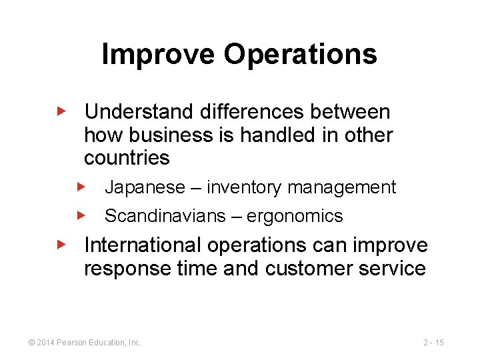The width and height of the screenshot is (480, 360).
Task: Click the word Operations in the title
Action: tap(300, 55)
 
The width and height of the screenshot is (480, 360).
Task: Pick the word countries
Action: tap(127, 158)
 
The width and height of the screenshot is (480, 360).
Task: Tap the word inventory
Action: tap(245, 187)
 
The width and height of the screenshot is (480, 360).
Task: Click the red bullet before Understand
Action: tap(61, 111)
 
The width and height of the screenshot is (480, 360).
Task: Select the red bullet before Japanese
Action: tap(81, 187)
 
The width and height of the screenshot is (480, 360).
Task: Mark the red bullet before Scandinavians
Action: tap(81, 215)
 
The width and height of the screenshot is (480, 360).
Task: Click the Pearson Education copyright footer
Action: tap(85, 342)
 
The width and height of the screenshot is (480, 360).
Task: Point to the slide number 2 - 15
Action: tap(433, 342)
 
